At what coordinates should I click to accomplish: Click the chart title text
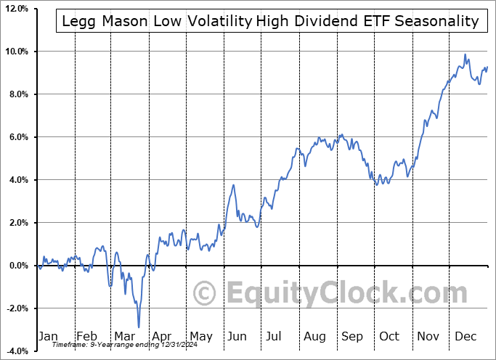pos(270,21)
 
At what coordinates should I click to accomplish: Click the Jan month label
pos(47,336)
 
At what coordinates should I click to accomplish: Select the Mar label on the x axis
pos(124,336)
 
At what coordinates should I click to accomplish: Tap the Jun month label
pos(237,336)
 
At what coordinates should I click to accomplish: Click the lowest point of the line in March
pos(139,327)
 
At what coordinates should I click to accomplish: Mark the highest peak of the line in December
pos(465,54)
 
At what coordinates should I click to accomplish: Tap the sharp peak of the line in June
pos(233,185)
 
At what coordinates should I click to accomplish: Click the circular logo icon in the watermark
pos(206,294)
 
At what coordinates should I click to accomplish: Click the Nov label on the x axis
pos(427,336)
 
